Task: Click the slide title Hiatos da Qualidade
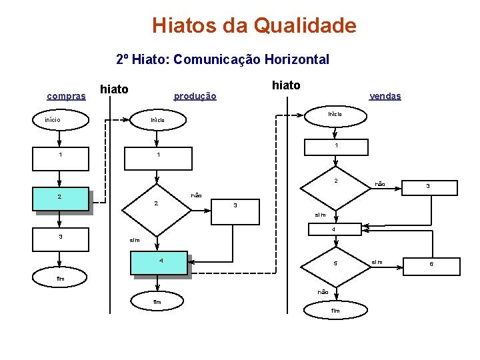coord(254,26)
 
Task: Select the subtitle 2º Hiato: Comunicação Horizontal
coord(222,59)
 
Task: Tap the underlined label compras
coord(66,96)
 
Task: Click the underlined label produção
coord(195,96)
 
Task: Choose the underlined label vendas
coord(385,96)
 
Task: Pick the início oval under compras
coord(61,120)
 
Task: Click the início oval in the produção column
coord(157,120)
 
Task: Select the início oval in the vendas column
coord(335,114)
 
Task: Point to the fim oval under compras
coord(60,279)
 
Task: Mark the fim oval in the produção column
coord(157,302)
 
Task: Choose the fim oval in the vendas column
coord(335,311)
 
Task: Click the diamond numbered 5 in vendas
coord(335,264)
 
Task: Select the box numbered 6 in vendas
coord(431,265)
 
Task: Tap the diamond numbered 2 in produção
coord(157,203)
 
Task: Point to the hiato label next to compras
coord(113,88)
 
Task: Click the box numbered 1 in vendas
coord(336,146)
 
